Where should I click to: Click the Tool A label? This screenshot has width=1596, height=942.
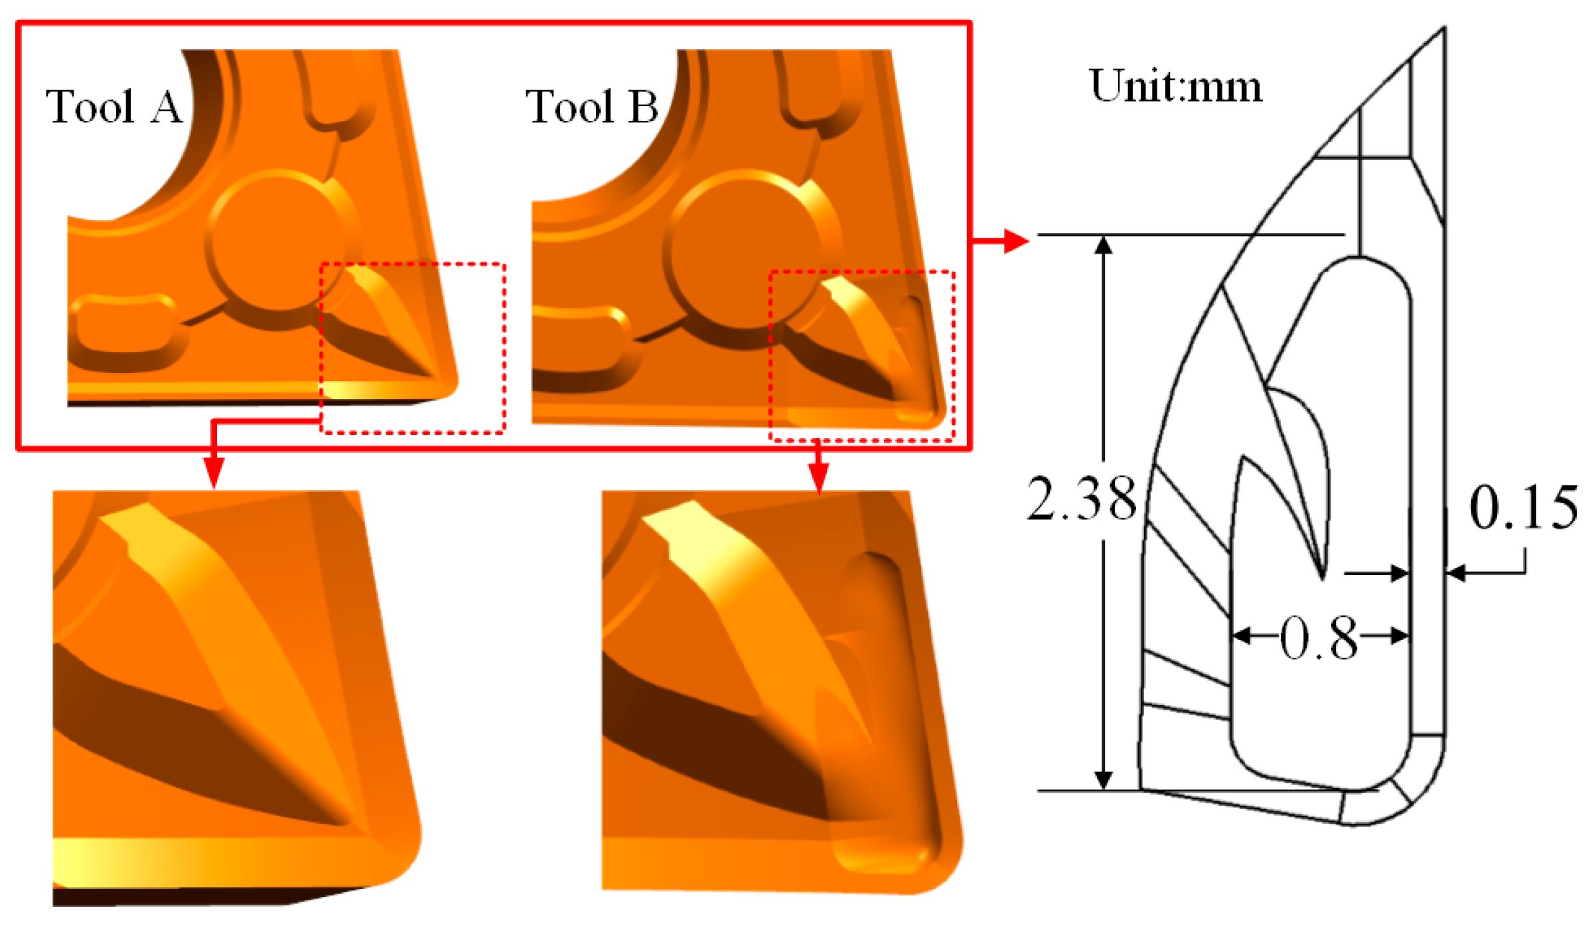[114, 106]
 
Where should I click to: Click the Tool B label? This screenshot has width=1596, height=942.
[592, 106]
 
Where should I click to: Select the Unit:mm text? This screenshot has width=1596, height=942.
[1175, 86]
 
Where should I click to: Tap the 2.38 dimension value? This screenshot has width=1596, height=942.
[1082, 499]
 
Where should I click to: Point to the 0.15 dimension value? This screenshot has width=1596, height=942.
[1524, 508]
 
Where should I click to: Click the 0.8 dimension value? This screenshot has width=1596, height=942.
[1319, 639]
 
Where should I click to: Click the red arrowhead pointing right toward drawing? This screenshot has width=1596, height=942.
[1015, 241]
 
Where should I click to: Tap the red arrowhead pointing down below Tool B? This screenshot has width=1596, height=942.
[819, 477]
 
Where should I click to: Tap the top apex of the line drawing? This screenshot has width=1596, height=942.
[1444, 30]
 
